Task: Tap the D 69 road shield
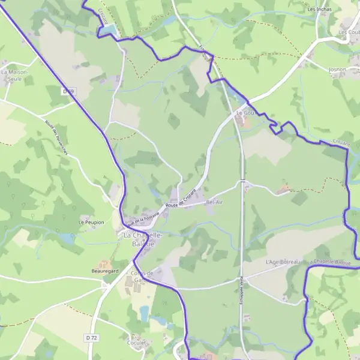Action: (x=68, y=91)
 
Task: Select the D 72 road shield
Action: (x=91, y=338)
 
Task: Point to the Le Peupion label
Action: (x=91, y=223)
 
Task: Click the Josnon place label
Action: (x=337, y=70)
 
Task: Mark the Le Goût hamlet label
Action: (x=242, y=113)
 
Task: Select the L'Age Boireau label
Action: (x=282, y=263)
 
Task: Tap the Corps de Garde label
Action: (x=142, y=277)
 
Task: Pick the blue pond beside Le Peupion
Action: (x=68, y=239)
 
